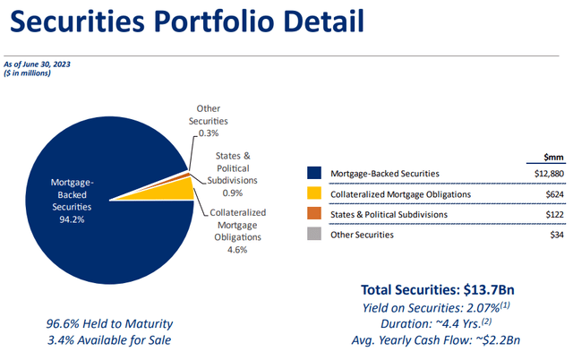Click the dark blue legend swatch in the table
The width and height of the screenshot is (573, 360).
[x=312, y=172]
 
